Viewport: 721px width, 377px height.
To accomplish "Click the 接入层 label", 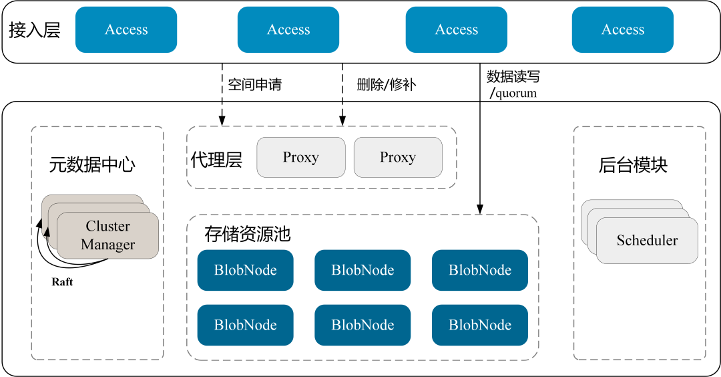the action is point(35,30).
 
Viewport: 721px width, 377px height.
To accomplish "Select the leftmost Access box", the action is point(126,29).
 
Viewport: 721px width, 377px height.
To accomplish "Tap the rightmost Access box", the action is point(623,29).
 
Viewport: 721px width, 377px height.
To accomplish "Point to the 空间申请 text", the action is point(255,84).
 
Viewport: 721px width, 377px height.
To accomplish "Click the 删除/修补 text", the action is point(387,84).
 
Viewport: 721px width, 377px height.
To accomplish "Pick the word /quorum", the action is point(513,94).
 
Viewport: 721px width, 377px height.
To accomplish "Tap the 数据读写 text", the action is point(513,76).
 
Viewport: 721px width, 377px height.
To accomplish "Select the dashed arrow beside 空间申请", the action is point(222,94).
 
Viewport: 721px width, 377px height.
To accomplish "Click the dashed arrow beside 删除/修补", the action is point(342,94).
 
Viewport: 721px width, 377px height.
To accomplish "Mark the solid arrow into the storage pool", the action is point(479,138).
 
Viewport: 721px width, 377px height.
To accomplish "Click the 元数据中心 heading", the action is point(92,164).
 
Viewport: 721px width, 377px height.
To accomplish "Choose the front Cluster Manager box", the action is point(107,235).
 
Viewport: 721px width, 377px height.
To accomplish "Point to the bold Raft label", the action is point(62,281).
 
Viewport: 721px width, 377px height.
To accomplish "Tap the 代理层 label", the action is point(216,160).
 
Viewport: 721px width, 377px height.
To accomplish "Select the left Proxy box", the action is point(300,158).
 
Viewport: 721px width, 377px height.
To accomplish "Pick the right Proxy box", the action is point(398,158).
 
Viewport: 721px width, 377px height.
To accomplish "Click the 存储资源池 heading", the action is point(248,234).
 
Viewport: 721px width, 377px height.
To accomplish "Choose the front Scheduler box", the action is point(647,240).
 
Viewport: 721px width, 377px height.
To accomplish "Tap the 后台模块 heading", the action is point(633,165).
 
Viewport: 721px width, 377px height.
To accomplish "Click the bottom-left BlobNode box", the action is point(245,325).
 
